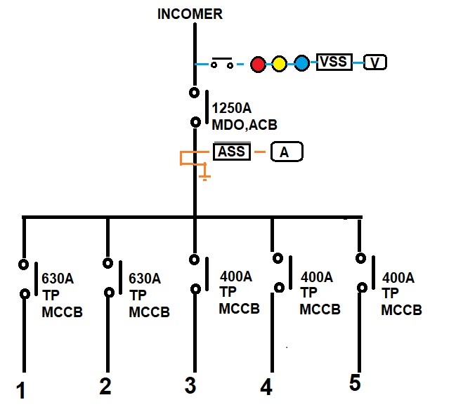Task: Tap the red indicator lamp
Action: (x=258, y=64)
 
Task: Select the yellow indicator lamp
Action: (x=280, y=64)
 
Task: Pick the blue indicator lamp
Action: (x=301, y=64)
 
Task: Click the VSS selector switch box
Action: (x=333, y=62)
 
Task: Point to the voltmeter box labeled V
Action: (x=375, y=63)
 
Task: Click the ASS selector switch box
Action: (x=232, y=151)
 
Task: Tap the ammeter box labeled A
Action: (x=284, y=152)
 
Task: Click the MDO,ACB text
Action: (x=245, y=125)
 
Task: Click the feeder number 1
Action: (x=21, y=389)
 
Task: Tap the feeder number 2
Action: (x=105, y=386)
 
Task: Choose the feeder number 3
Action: (x=190, y=385)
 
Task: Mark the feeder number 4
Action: (x=266, y=387)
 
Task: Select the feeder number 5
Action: (x=356, y=382)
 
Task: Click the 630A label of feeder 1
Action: (x=58, y=279)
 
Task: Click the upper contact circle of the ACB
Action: (x=194, y=93)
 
